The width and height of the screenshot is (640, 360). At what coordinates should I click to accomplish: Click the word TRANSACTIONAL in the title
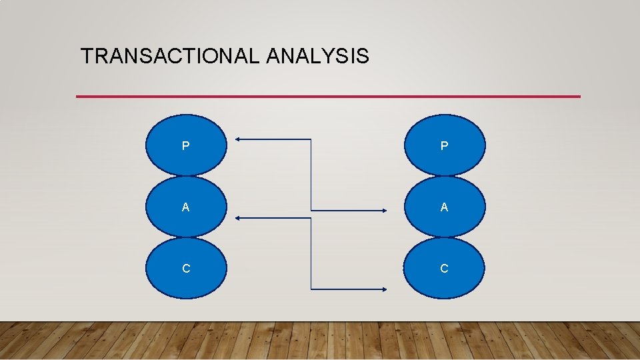point(170,57)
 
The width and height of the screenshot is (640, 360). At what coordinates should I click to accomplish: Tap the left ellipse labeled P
point(186,145)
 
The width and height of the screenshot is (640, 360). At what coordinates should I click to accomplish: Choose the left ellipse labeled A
point(186,207)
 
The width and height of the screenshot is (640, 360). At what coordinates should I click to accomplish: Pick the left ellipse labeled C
point(186,268)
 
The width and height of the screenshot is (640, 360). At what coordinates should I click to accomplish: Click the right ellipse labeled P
point(445,145)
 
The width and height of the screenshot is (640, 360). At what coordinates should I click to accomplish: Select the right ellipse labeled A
point(445,207)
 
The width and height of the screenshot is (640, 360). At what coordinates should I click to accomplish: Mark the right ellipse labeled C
point(445,268)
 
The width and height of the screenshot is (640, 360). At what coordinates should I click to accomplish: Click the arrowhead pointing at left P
point(238,139)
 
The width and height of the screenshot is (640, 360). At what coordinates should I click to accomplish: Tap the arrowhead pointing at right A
point(385,211)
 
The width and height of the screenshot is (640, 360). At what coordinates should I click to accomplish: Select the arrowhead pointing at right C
point(385,289)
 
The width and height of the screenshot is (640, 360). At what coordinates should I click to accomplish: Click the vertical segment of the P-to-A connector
point(311,175)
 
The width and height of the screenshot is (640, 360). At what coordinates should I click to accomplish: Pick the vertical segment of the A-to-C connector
point(311,253)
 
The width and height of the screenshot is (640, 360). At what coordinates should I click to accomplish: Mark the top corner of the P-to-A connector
point(311,139)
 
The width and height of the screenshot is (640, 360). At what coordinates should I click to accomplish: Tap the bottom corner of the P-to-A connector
point(311,211)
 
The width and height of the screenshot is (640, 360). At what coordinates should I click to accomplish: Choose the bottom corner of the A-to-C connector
point(311,289)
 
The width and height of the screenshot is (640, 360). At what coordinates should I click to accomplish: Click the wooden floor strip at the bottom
point(320,341)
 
